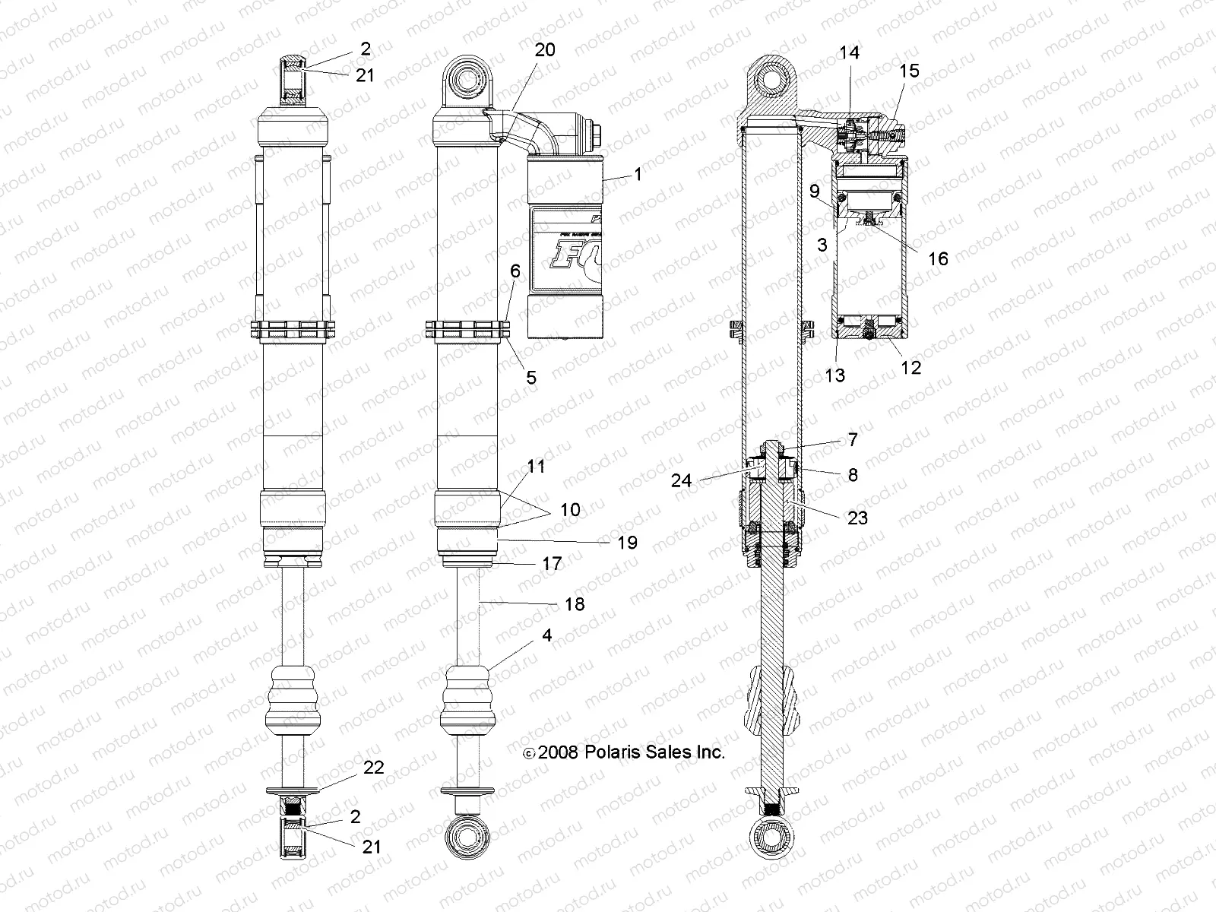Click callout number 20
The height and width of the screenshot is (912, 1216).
(545, 50)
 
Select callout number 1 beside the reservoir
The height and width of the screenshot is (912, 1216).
(638, 174)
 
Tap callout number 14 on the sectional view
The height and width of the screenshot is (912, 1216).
(849, 52)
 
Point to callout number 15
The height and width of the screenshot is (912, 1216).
(909, 71)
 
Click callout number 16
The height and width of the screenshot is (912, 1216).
(938, 258)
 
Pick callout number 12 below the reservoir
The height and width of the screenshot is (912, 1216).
(910, 367)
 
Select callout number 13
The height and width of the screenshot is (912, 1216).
(834, 375)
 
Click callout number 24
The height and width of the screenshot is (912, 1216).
(682, 480)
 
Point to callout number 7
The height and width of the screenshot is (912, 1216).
(853, 439)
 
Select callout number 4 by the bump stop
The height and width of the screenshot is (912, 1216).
(547, 635)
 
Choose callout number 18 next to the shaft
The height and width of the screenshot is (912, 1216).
(575, 603)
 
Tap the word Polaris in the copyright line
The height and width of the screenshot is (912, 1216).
(613, 752)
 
